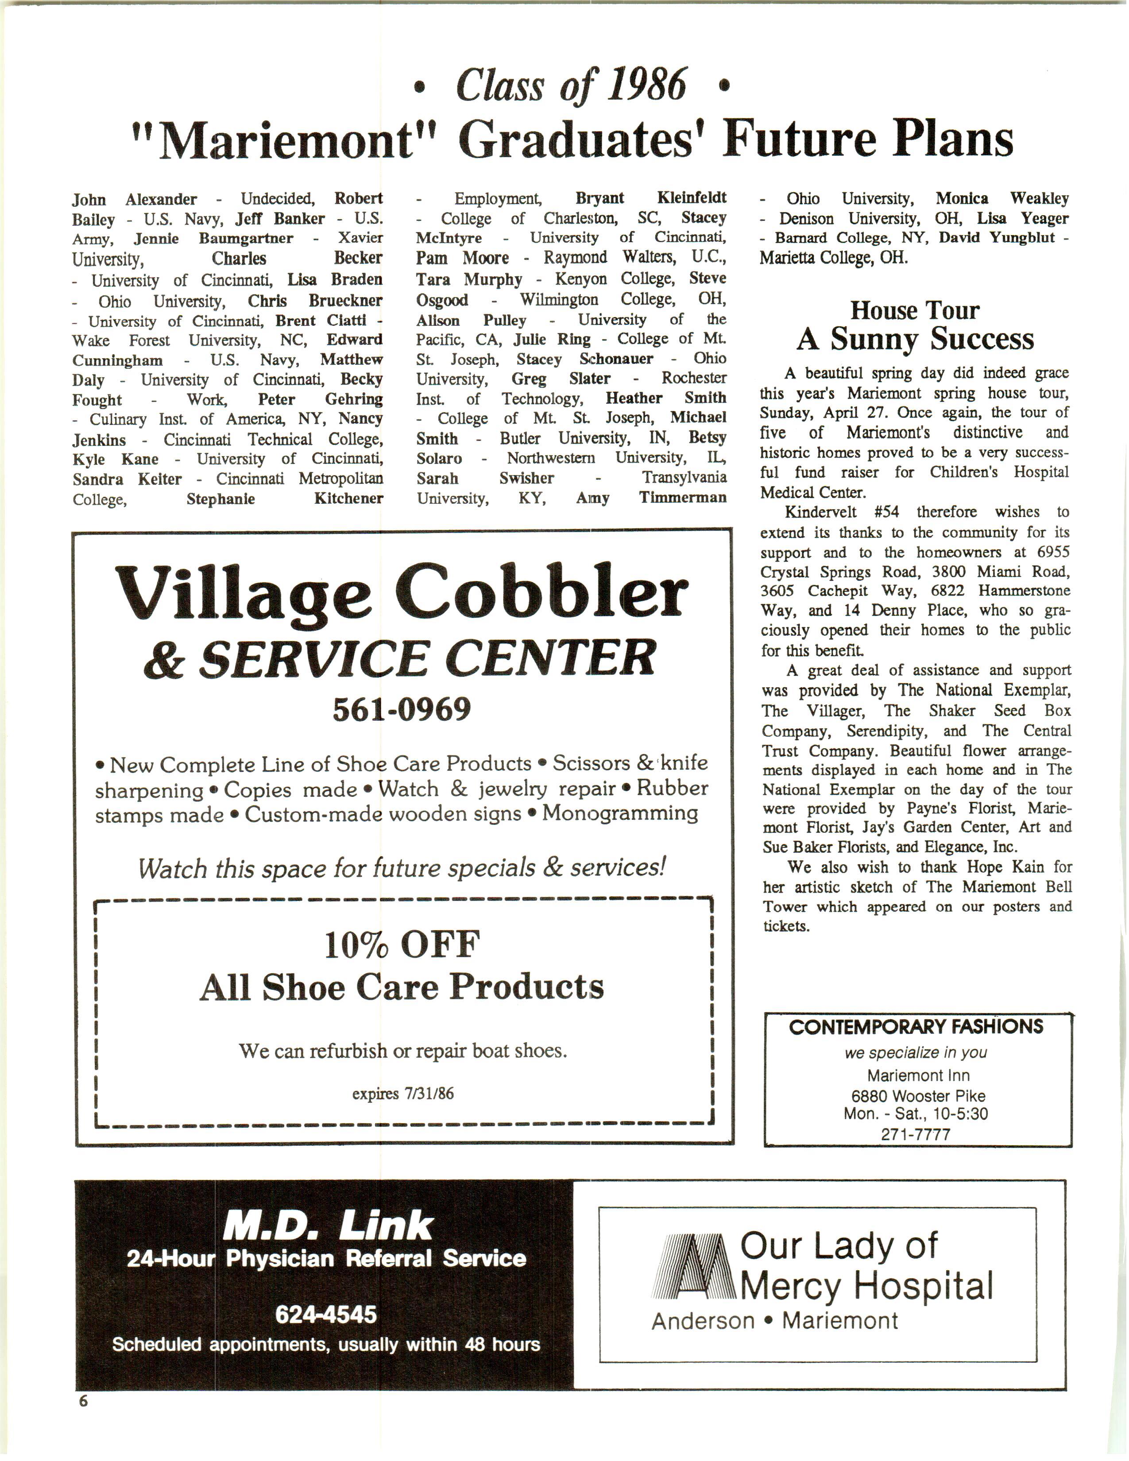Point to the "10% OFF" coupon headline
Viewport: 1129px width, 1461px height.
402,945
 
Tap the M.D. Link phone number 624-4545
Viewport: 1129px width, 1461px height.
326,1315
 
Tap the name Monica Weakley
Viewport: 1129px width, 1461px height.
1001,199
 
